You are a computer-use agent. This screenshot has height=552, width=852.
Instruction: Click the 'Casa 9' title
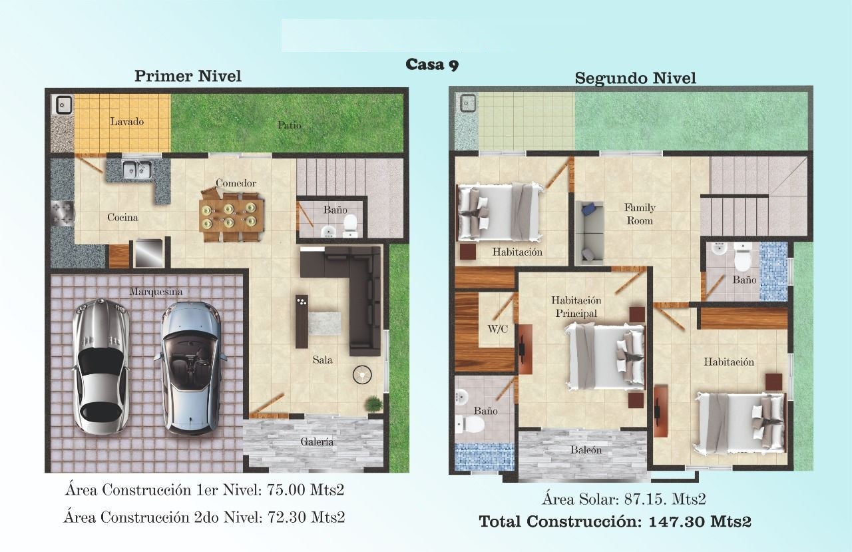pyautogui.click(x=432, y=65)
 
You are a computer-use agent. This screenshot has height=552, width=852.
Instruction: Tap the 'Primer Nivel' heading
pyautogui.click(x=188, y=76)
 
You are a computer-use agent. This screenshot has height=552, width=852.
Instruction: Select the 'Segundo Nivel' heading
pyautogui.click(x=635, y=79)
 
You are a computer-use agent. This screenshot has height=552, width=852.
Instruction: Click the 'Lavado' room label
pyautogui.click(x=127, y=122)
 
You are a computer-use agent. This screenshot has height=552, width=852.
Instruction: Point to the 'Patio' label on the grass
pyautogui.click(x=290, y=125)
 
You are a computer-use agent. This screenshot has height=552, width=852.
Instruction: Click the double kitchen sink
pyautogui.click(x=137, y=169)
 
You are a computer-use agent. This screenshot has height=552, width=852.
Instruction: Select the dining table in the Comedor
pyautogui.click(x=232, y=215)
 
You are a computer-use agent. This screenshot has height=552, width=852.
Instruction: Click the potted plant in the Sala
pyautogui.click(x=374, y=404)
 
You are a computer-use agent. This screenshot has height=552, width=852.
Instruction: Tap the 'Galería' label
pyautogui.click(x=317, y=441)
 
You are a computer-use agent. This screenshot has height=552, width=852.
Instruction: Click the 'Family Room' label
pyautogui.click(x=640, y=214)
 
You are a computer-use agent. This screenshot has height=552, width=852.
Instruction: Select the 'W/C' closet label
pyautogui.click(x=498, y=329)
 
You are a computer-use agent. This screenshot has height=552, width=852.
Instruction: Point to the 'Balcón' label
pyautogui.click(x=586, y=449)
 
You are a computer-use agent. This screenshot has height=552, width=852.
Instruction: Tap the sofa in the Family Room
pyautogui.click(x=589, y=233)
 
